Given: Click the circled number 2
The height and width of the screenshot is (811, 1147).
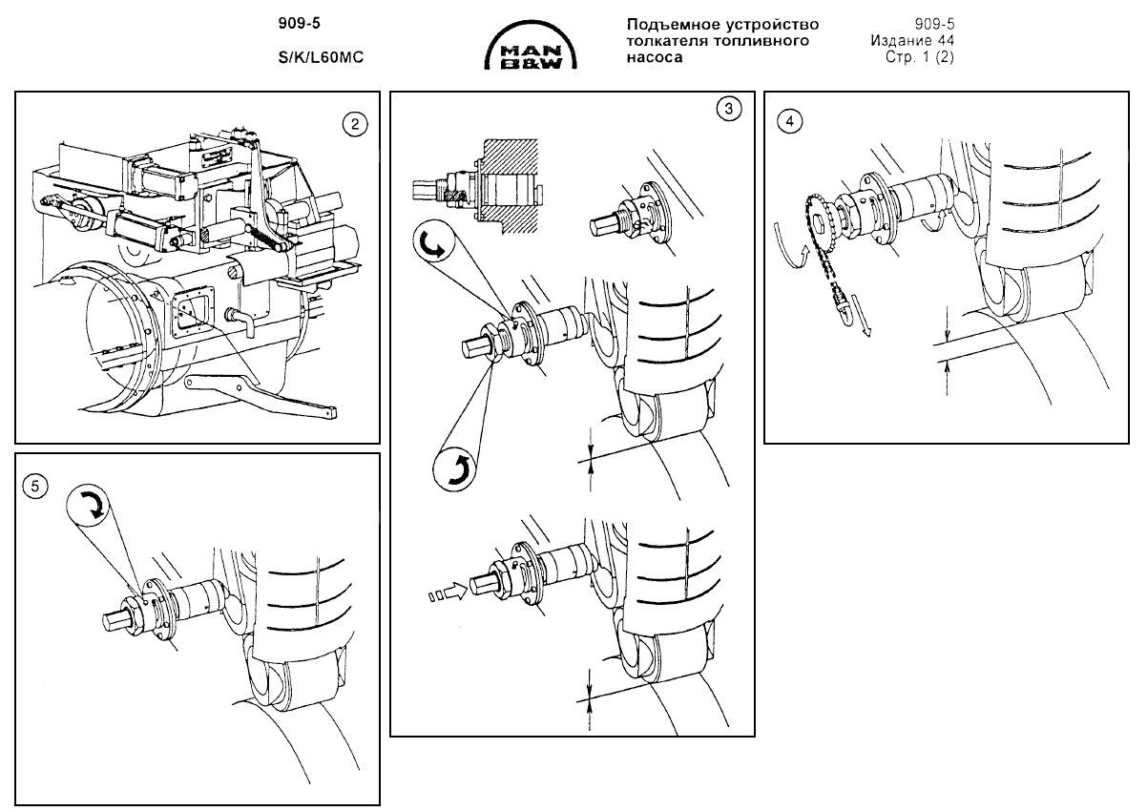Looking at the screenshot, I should point(355,122).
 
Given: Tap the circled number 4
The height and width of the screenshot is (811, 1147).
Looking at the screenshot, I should point(789,120).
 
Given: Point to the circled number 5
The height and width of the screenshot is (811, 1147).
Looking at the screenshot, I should point(35,486).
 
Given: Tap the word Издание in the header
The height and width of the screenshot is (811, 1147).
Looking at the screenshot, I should point(902,41).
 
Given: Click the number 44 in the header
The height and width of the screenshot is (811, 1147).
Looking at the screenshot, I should point(946,41).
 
